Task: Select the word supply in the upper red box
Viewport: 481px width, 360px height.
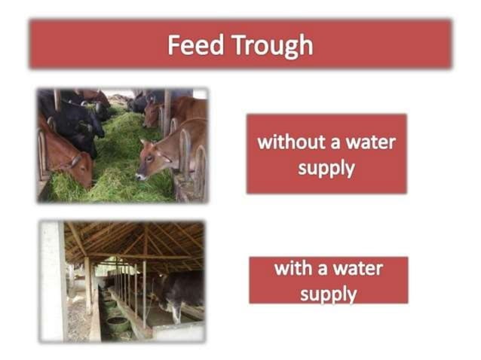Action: point(326,167)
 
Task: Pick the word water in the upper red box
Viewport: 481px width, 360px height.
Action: point(370,142)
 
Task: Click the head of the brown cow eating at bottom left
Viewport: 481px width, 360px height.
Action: point(75,167)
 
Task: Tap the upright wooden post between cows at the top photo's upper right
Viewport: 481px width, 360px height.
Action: point(167,113)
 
